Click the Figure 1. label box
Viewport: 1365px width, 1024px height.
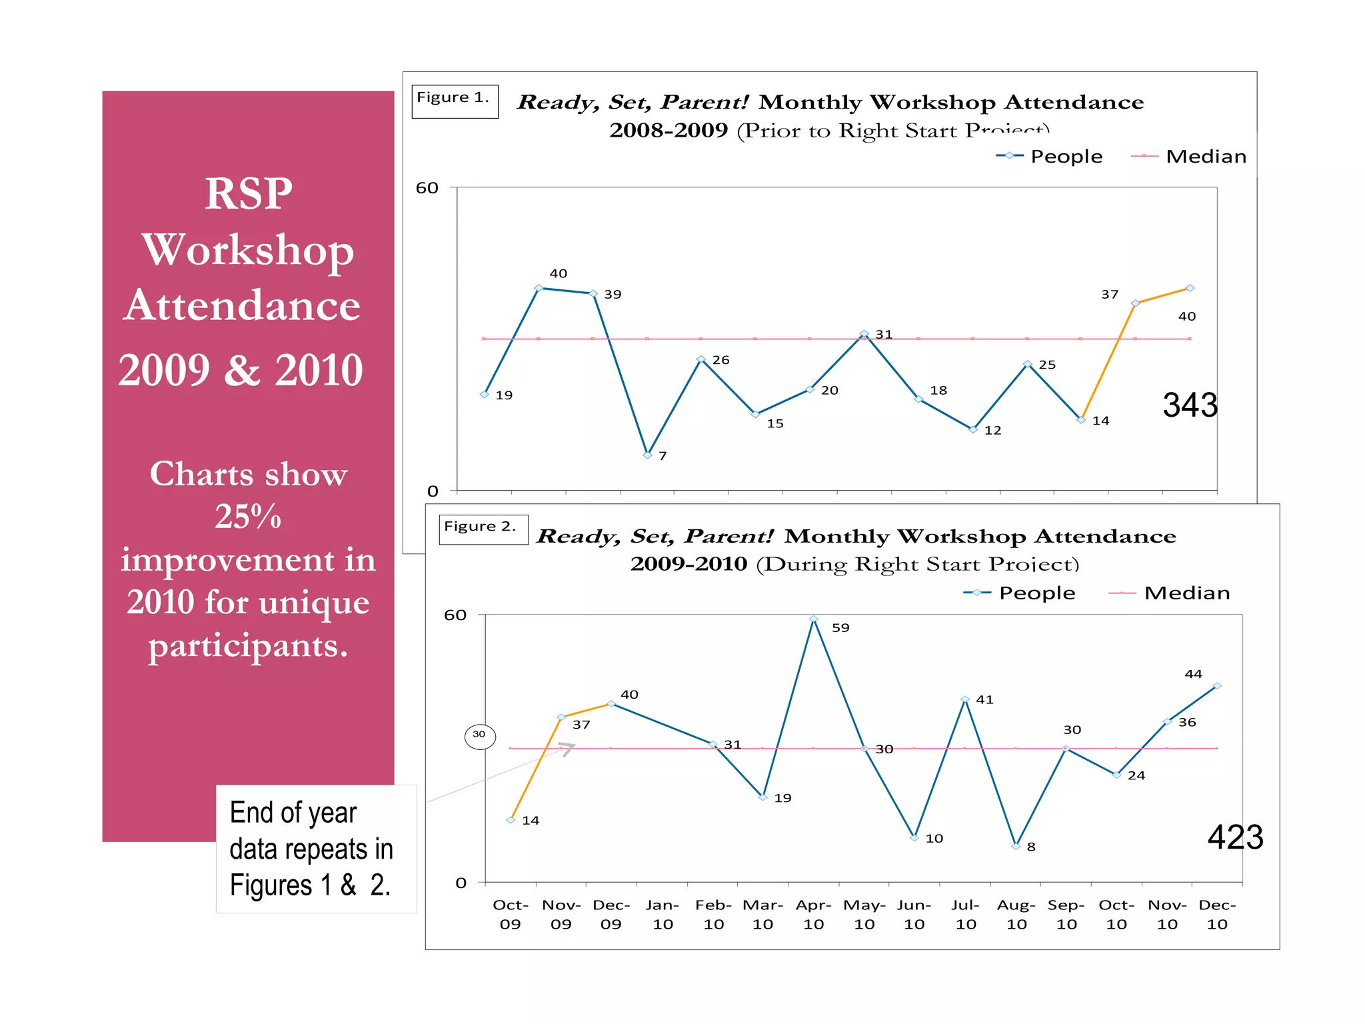(x=455, y=101)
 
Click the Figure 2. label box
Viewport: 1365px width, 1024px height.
(x=483, y=529)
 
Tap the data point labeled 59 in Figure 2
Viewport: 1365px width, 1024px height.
(x=813, y=619)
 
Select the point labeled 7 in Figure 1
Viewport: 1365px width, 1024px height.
(x=647, y=455)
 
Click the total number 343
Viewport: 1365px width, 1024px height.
(x=1190, y=405)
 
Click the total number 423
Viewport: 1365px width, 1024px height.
(x=1235, y=837)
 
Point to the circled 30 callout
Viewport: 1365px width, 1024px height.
(x=479, y=736)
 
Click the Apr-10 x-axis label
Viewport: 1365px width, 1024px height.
(x=813, y=914)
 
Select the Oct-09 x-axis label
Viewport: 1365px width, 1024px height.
(x=510, y=914)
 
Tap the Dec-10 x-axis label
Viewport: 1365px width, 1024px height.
(x=1217, y=914)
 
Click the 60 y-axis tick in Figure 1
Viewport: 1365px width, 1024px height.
(x=427, y=188)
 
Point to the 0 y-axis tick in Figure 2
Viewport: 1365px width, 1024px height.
(x=461, y=883)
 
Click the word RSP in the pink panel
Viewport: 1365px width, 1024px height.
(x=248, y=194)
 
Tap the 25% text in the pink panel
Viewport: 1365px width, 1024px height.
(x=248, y=516)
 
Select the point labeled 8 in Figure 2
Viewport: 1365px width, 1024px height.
(x=1016, y=846)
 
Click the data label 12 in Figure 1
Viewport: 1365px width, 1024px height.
(x=992, y=431)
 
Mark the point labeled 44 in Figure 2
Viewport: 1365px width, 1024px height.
(x=1217, y=685)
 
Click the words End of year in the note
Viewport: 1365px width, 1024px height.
(x=293, y=813)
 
